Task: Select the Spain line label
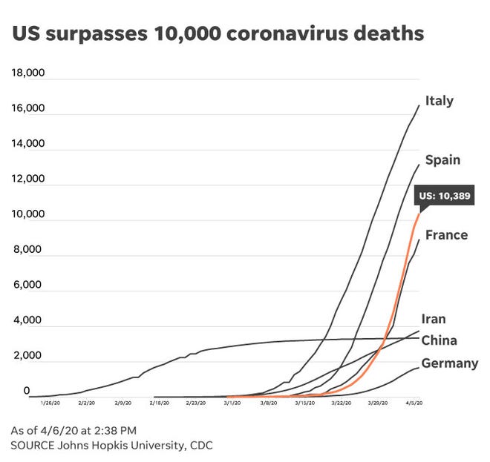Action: pos(442,160)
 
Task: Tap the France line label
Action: pos(446,235)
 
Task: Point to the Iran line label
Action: pos(434,319)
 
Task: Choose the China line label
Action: pos(438,341)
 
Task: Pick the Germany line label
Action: pos(449,363)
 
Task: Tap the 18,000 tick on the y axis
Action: pos(28,73)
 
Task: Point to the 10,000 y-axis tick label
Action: pos(28,214)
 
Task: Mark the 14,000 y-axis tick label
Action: pos(28,144)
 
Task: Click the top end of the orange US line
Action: pos(419,213)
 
